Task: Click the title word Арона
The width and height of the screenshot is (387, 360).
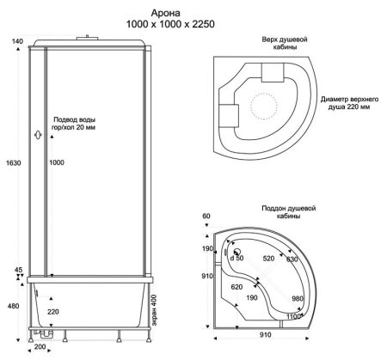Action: tap(166, 13)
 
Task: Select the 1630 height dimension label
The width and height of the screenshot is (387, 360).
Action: tap(14, 163)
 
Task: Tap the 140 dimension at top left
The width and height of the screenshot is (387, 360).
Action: tap(17, 41)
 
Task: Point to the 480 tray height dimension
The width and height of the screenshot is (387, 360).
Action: tap(14, 306)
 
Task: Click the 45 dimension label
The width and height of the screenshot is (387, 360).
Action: tap(18, 270)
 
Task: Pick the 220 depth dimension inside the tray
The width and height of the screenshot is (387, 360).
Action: tap(53, 312)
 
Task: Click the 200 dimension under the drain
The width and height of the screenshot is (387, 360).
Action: tap(40, 347)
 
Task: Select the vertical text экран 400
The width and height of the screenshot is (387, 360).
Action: tap(154, 310)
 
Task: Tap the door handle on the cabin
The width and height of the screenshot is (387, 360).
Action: tap(38, 135)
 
